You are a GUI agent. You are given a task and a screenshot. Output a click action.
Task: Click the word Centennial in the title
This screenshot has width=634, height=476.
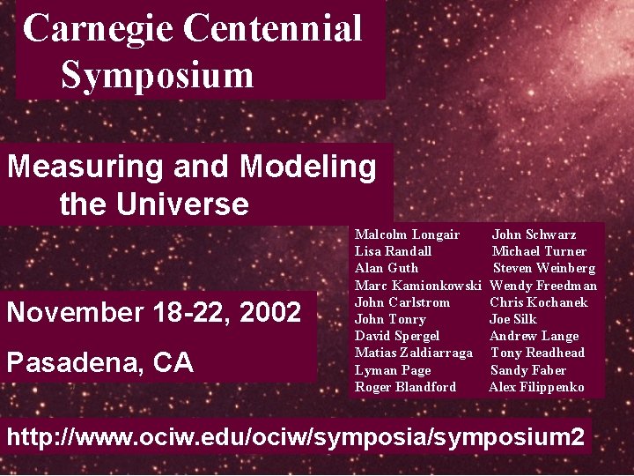tap(273, 28)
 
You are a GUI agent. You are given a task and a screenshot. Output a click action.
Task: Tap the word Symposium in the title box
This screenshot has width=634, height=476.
tap(157, 75)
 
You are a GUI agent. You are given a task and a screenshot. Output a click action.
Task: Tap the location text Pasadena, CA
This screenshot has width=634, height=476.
tap(100, 362)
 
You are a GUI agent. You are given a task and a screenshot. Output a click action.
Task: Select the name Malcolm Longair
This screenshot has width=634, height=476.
tap(407, 234)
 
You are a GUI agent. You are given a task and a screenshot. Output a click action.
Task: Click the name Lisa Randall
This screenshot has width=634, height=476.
tap(393, 251)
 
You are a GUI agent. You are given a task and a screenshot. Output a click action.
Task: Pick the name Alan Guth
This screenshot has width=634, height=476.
tap(387, 268)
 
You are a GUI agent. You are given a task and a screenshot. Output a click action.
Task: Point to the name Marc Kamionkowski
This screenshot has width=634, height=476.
tap(417, 286)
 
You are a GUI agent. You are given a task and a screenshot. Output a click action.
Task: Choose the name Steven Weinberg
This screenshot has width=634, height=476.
tap(543, 268)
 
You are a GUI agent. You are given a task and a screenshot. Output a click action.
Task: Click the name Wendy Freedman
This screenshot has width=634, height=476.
tap(542, 286)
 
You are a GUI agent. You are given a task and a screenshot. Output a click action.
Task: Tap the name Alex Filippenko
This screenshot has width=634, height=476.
tap(536, 387)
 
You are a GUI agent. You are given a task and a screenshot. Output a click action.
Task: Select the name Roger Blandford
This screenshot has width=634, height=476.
tap(405, 387)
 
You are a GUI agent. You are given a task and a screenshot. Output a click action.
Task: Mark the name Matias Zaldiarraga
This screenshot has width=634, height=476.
tap(413, 353)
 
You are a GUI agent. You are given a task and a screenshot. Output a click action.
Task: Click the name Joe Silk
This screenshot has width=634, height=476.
tap(512, 319)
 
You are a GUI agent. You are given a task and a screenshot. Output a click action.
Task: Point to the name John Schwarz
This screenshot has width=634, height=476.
tap(534, 234)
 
